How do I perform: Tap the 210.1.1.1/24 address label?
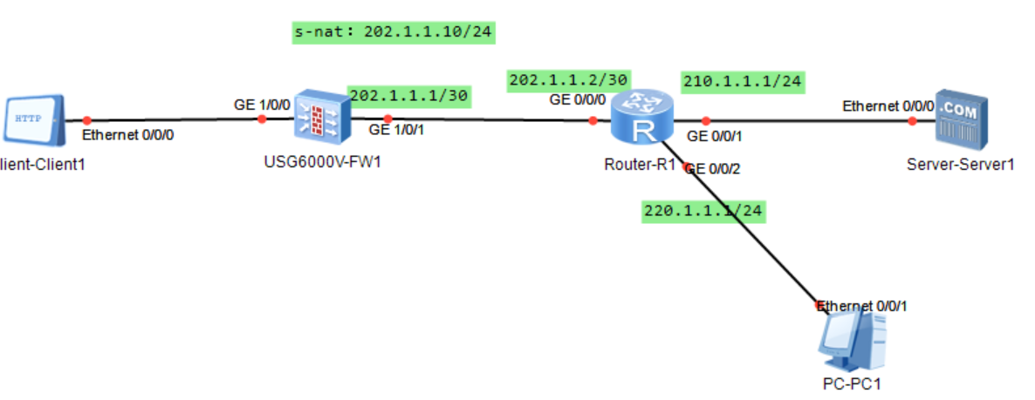(743, 82)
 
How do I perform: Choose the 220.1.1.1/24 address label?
(703, 211)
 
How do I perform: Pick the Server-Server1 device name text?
(959, 164)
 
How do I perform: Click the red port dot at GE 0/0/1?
(706, 121)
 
